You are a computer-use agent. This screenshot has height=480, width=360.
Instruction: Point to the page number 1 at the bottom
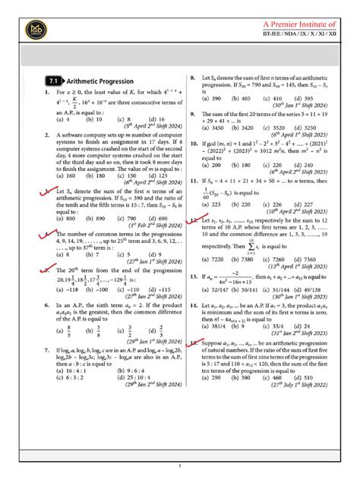pyautogui.click(x=180, y=466)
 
